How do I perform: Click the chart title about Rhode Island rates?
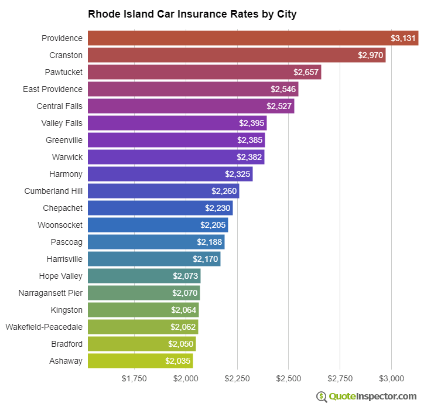tap(192, 14)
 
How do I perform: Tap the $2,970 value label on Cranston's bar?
tap(370, 55)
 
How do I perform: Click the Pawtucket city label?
tap(63, 72)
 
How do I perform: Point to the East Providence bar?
tap(193, 89)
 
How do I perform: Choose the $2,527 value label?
tap(279, 106)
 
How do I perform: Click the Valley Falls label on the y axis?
tap(61, 123)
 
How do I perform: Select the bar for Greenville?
tap(176, 140)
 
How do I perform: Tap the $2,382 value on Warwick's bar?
tap(249, 157)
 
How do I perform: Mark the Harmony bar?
tap(170, 174)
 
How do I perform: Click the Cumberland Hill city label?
tap(53, 191)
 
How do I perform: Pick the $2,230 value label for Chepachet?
tap(218, 208)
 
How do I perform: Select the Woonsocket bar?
tap(158, 225)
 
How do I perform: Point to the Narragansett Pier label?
tap(50, 293)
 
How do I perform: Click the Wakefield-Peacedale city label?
tap(44, 327)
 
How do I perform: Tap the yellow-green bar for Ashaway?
tap(140, 361)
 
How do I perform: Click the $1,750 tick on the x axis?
tap(134, 378)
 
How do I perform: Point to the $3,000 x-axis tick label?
tap(392, 378)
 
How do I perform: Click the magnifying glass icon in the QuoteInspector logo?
tap(322, 397)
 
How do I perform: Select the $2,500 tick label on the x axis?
tap(289, 378)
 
